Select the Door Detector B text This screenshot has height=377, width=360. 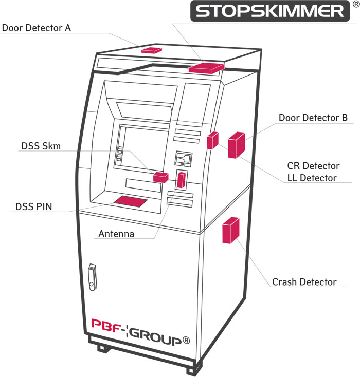pyautogui.click(x=313, y=118)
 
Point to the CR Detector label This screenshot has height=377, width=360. pyautogui.click(x=313, y=166)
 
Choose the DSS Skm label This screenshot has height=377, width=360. pyautogui.click(x=41, y=146)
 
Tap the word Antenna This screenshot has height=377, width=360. pyautogui.click(x=116, y=234)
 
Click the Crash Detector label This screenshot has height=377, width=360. pyautogui.click(x=304, y=282)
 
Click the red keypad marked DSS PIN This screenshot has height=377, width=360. pyautogui.click(x=129, y=201)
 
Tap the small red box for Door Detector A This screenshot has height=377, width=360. pyautogui.click(x=152, y=50)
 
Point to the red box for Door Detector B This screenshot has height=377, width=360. pyautogui.click(x=236, y=145)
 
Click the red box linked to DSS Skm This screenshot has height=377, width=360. pyautogui.click(x=160, y=177)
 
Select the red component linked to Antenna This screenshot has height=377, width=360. pyautogui.click(x=181, y=180)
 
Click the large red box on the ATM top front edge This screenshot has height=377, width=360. pyautogui.click(x=206, y=67)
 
